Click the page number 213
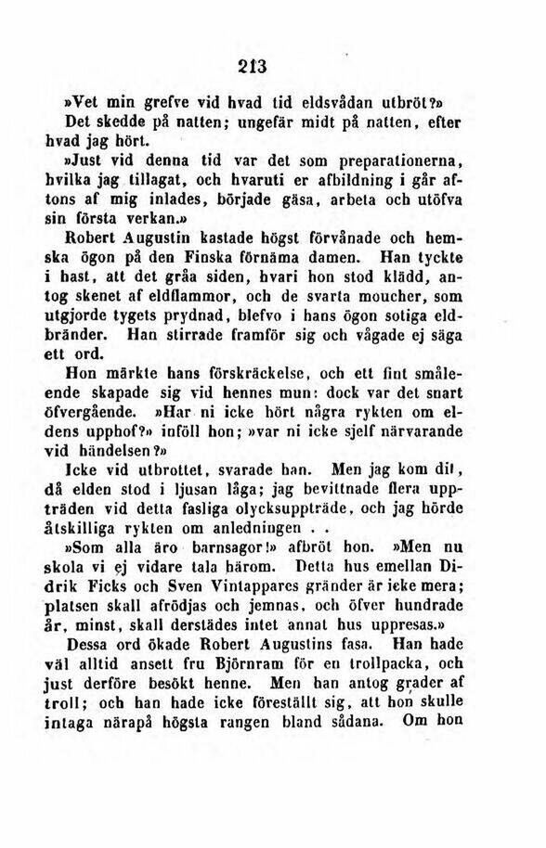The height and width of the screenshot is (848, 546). pyautogui.click(x=252, y=66)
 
